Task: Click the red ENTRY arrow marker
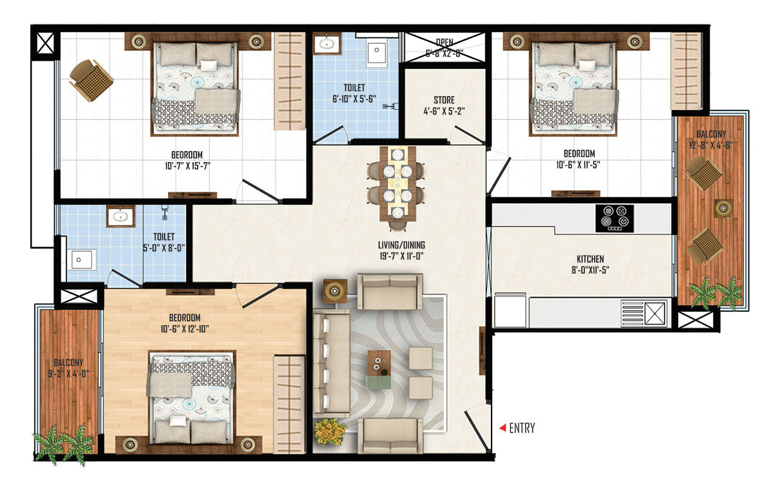click(x=502, y=428)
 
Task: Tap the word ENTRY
click(x=522, y=428)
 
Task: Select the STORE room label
click(x=444, y=100)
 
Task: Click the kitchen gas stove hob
click(x=615, y=219)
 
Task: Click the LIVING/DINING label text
click(x=401, y=245)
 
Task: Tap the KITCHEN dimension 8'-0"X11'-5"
click(x=590, y=270)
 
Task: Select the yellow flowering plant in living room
click(x=330, y=432)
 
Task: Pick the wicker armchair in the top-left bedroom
click(x=91, y=80)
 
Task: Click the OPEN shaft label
click(x=444, y=42)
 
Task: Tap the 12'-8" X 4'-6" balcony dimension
click(x=711, y=145)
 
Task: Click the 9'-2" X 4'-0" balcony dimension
click(x=68, y=374)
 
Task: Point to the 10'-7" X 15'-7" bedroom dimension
click(x=187, y=166)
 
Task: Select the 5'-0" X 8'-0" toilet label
click(x=164, y=248)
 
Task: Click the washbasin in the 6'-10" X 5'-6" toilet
click(x=327, y=44)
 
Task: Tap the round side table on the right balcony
click(x=723, y=208)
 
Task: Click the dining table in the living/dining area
click(x=398, y=183)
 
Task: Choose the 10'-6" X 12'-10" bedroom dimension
click(x=185, y=328)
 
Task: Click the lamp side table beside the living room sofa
click(x=335, y=291)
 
